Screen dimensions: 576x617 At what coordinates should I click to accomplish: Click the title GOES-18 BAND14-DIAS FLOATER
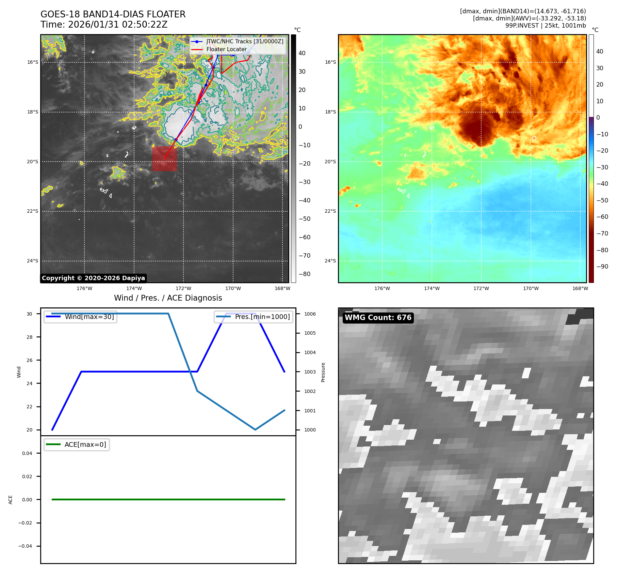tap(113, 14)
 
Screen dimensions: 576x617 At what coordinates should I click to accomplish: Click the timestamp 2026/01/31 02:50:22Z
tap(118, 25)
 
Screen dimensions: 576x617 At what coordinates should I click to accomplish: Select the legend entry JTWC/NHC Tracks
tap(244, 41)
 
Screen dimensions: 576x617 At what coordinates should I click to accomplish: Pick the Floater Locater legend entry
tap(226, 49)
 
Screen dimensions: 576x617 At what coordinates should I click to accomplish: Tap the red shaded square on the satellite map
tap(164, 158)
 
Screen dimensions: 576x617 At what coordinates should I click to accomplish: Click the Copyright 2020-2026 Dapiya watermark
tap(93, 278)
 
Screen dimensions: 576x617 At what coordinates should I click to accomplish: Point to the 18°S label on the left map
tap(33, 112)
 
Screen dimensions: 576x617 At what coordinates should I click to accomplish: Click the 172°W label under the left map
tap(183, 288)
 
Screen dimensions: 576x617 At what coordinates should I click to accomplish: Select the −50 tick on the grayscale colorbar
tap(304, 219)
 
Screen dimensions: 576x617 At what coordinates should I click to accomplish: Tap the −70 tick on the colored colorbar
tap(602, 233)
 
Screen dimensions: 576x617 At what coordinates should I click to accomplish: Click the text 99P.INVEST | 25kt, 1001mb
tap(546, 26)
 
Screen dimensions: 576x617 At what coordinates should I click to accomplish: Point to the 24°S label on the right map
tap(330, 261)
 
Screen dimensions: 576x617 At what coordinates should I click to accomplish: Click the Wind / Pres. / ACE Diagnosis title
tap(168, 298)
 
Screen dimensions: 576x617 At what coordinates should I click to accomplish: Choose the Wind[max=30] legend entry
tap(89, 317)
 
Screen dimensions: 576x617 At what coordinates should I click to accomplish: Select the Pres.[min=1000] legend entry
tap(262, 317)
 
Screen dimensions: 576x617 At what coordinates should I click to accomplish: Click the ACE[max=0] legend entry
tap(85, 444)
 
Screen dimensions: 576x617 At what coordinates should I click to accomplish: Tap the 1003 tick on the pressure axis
tap(310, 372)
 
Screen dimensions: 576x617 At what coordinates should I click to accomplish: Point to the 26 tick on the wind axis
tap(30, 360)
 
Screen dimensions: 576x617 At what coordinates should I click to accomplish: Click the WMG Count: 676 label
tap(378, 318)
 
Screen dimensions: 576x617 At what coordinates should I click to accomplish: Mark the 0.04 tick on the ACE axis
tap(27, 453)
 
